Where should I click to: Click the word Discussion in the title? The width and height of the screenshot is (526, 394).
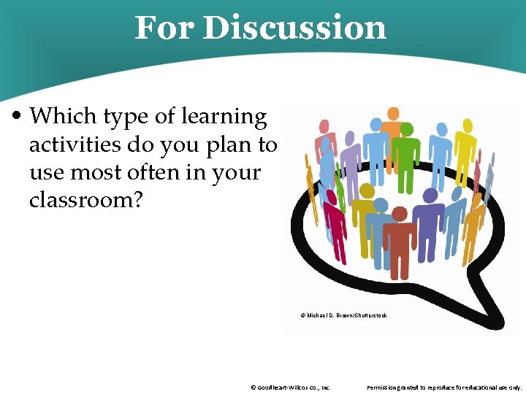point(294,28)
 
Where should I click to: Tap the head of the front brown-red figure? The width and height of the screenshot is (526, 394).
point(400,214)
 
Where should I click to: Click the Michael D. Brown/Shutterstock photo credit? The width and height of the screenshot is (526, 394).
point(343,315)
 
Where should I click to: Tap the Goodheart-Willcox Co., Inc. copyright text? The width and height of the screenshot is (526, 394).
point(290,387)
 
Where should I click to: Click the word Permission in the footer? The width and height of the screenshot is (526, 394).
point(384,387)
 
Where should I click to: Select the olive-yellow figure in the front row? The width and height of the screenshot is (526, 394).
point(365,219)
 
